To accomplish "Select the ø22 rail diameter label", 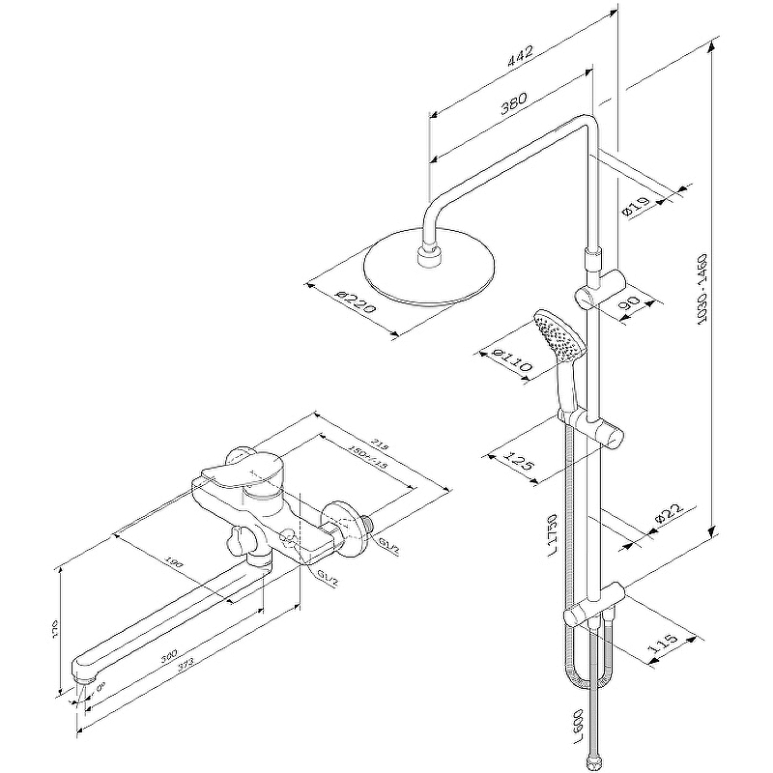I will tap(670, 518).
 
